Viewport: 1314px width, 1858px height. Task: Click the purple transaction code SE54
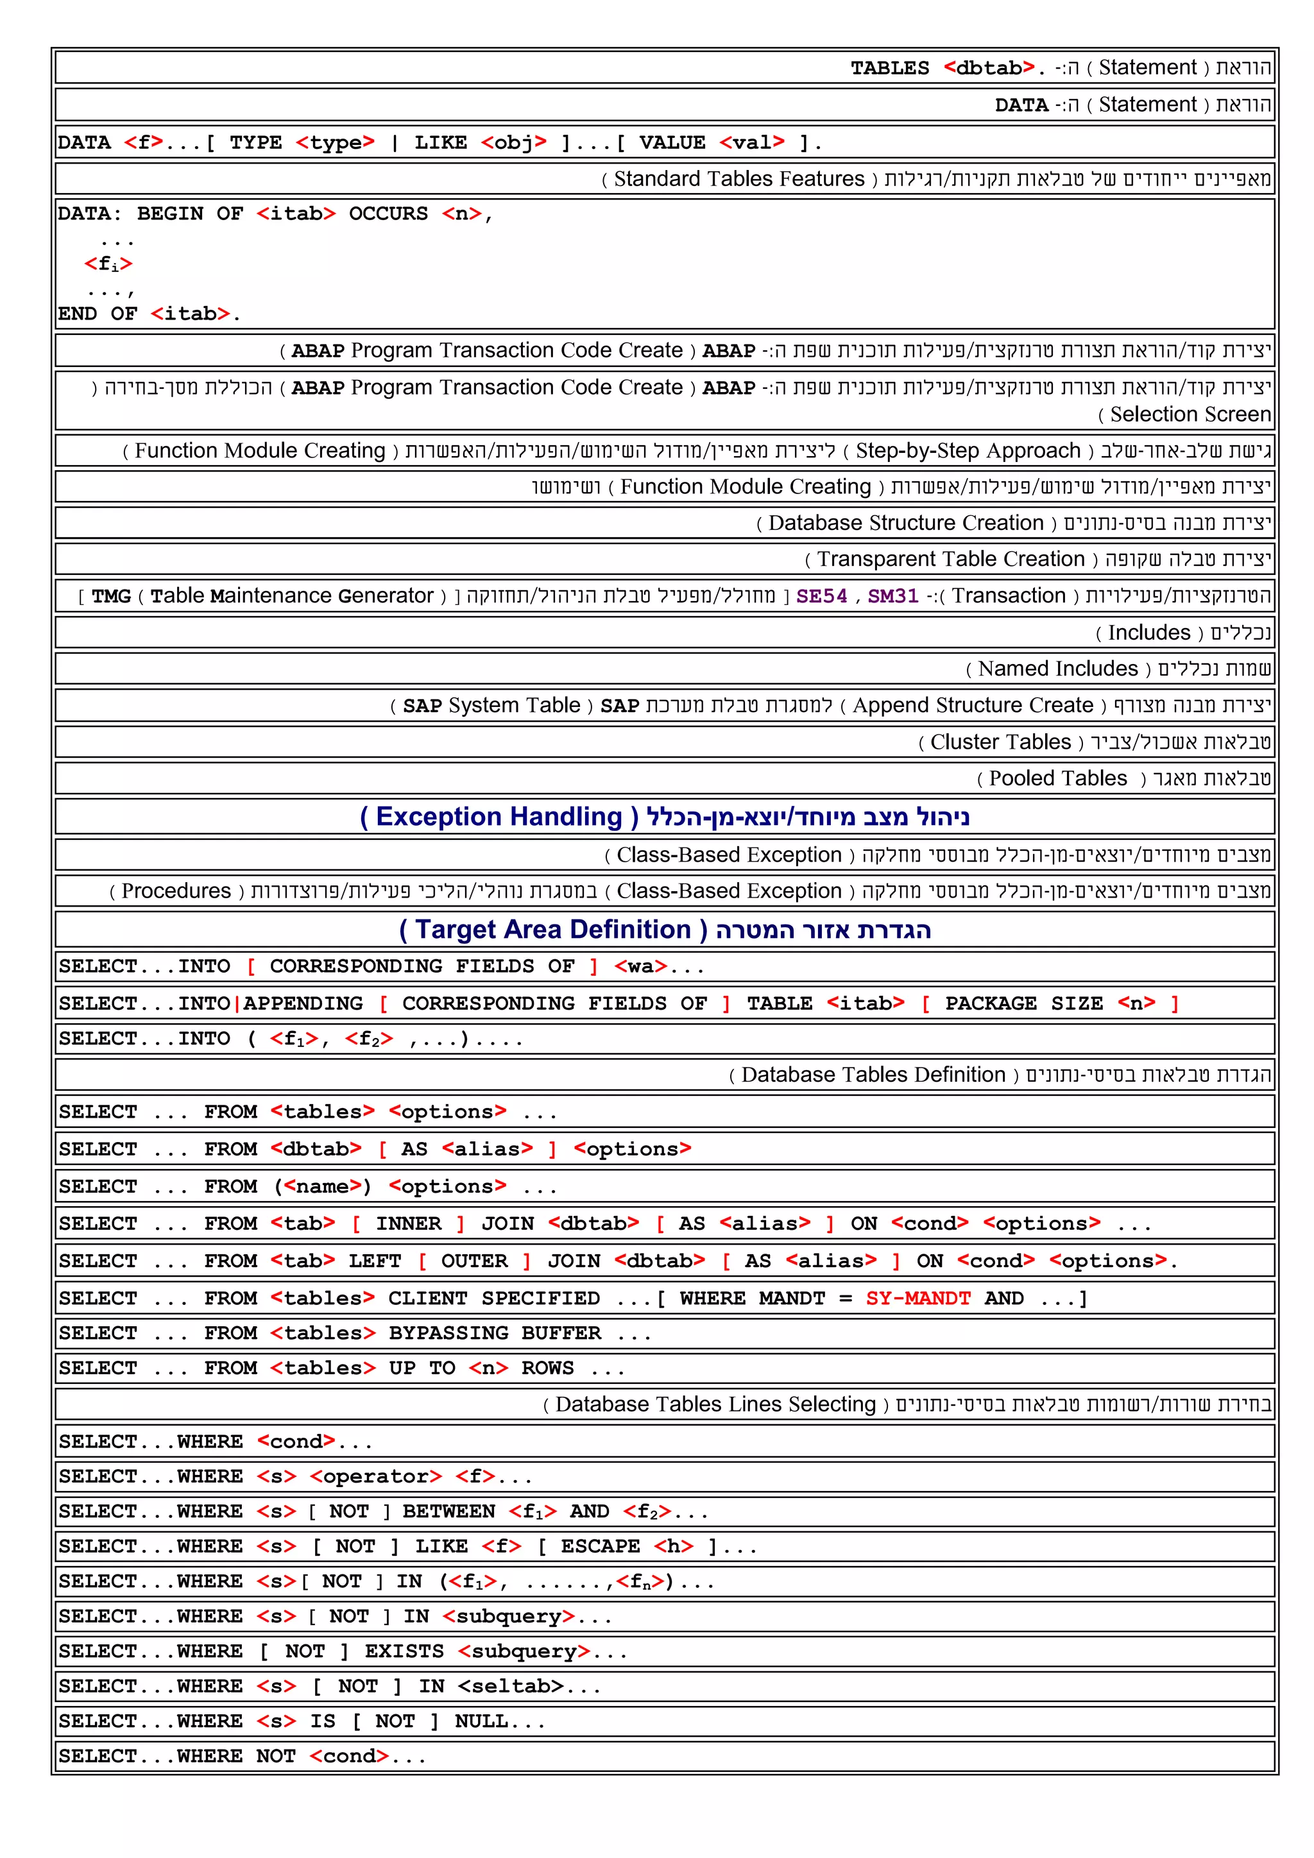[821, 597]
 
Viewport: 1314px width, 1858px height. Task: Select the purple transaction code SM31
[892, 597]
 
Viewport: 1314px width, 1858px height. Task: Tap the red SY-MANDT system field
[917, 1298]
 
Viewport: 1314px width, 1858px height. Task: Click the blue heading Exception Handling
[499, 817]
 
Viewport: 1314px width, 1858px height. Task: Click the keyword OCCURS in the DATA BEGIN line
[388, 214]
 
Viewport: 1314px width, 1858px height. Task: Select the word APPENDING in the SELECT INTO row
[303, 1003]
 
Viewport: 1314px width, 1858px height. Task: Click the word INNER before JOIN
[409, 1223]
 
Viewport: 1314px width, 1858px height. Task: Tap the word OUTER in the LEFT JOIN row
[474, 1261]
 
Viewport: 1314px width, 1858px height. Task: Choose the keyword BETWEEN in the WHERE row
[448, 1512]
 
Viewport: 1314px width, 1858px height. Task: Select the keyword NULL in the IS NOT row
[481, 1721]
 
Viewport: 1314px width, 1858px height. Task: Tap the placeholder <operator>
[376, 1477]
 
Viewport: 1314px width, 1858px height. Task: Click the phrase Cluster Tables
[1000, 742]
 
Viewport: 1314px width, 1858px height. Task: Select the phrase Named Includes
[1057, 669]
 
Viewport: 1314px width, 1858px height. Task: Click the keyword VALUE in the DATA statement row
[672, 143]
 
